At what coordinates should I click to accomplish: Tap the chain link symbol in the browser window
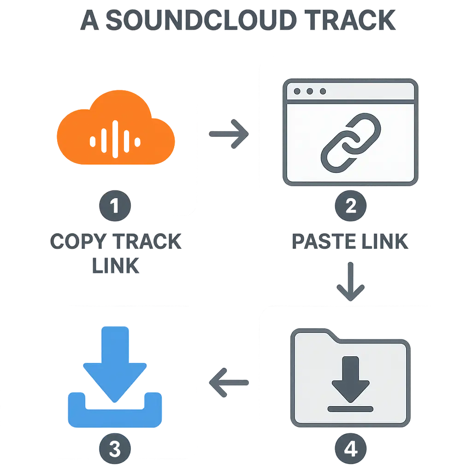351,141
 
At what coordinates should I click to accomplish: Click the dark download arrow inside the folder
350,378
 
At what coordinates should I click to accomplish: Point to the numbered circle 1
115,206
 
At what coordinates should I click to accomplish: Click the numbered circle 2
350,206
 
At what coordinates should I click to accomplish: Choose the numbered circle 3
115,448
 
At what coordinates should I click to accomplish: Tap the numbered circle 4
350,448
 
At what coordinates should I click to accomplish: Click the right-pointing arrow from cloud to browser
229,134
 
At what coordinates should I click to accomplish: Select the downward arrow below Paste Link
350,282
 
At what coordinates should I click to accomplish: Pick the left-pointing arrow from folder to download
229,382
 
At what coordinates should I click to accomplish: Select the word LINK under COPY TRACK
115,266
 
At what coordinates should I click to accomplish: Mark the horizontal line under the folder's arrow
350,408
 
